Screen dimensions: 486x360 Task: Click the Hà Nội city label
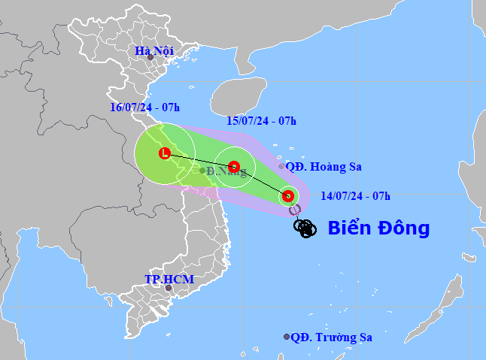(154, 50)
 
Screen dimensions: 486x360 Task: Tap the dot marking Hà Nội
(150, 57)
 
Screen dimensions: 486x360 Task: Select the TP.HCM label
(169, 280)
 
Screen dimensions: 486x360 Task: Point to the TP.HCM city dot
(169, 287)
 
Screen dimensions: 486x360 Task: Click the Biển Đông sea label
(378, 228)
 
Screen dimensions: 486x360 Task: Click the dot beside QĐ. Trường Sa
(287, 337)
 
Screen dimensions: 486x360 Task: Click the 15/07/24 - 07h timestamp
(262, 120)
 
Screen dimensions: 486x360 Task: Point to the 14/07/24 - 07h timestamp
(355, 196)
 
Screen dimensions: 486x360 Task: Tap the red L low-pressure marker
(164, 154)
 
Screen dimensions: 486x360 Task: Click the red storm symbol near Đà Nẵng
(234, 166)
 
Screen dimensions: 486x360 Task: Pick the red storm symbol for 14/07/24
(287, 197)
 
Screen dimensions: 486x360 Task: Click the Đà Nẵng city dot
(202, 171)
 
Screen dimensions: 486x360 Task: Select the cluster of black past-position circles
(304, 228)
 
